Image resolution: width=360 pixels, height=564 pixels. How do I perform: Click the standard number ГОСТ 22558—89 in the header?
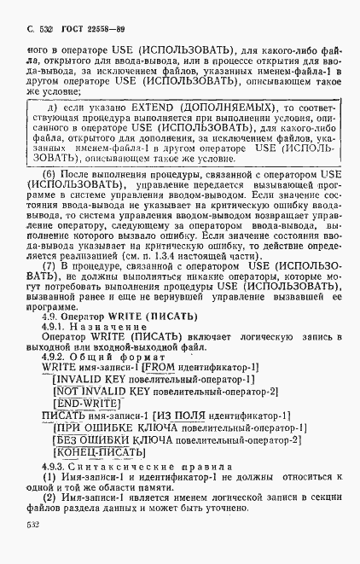(75, 29)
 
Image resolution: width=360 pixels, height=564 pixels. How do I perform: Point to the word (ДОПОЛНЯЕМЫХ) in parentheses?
(215, 108)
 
